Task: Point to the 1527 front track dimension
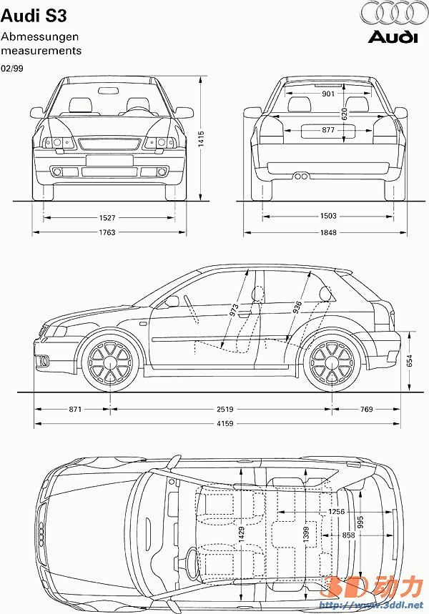pos(109,216)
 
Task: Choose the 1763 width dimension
pos(109,232)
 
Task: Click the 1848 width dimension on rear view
pos(328,232)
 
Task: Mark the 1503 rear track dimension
pos(328,216)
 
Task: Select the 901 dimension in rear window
pos(328,94)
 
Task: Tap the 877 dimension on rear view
pos(328,129)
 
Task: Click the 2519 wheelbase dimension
pos(222,410)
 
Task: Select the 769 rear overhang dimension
pos(366,410)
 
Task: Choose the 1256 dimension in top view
pos(337,512)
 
